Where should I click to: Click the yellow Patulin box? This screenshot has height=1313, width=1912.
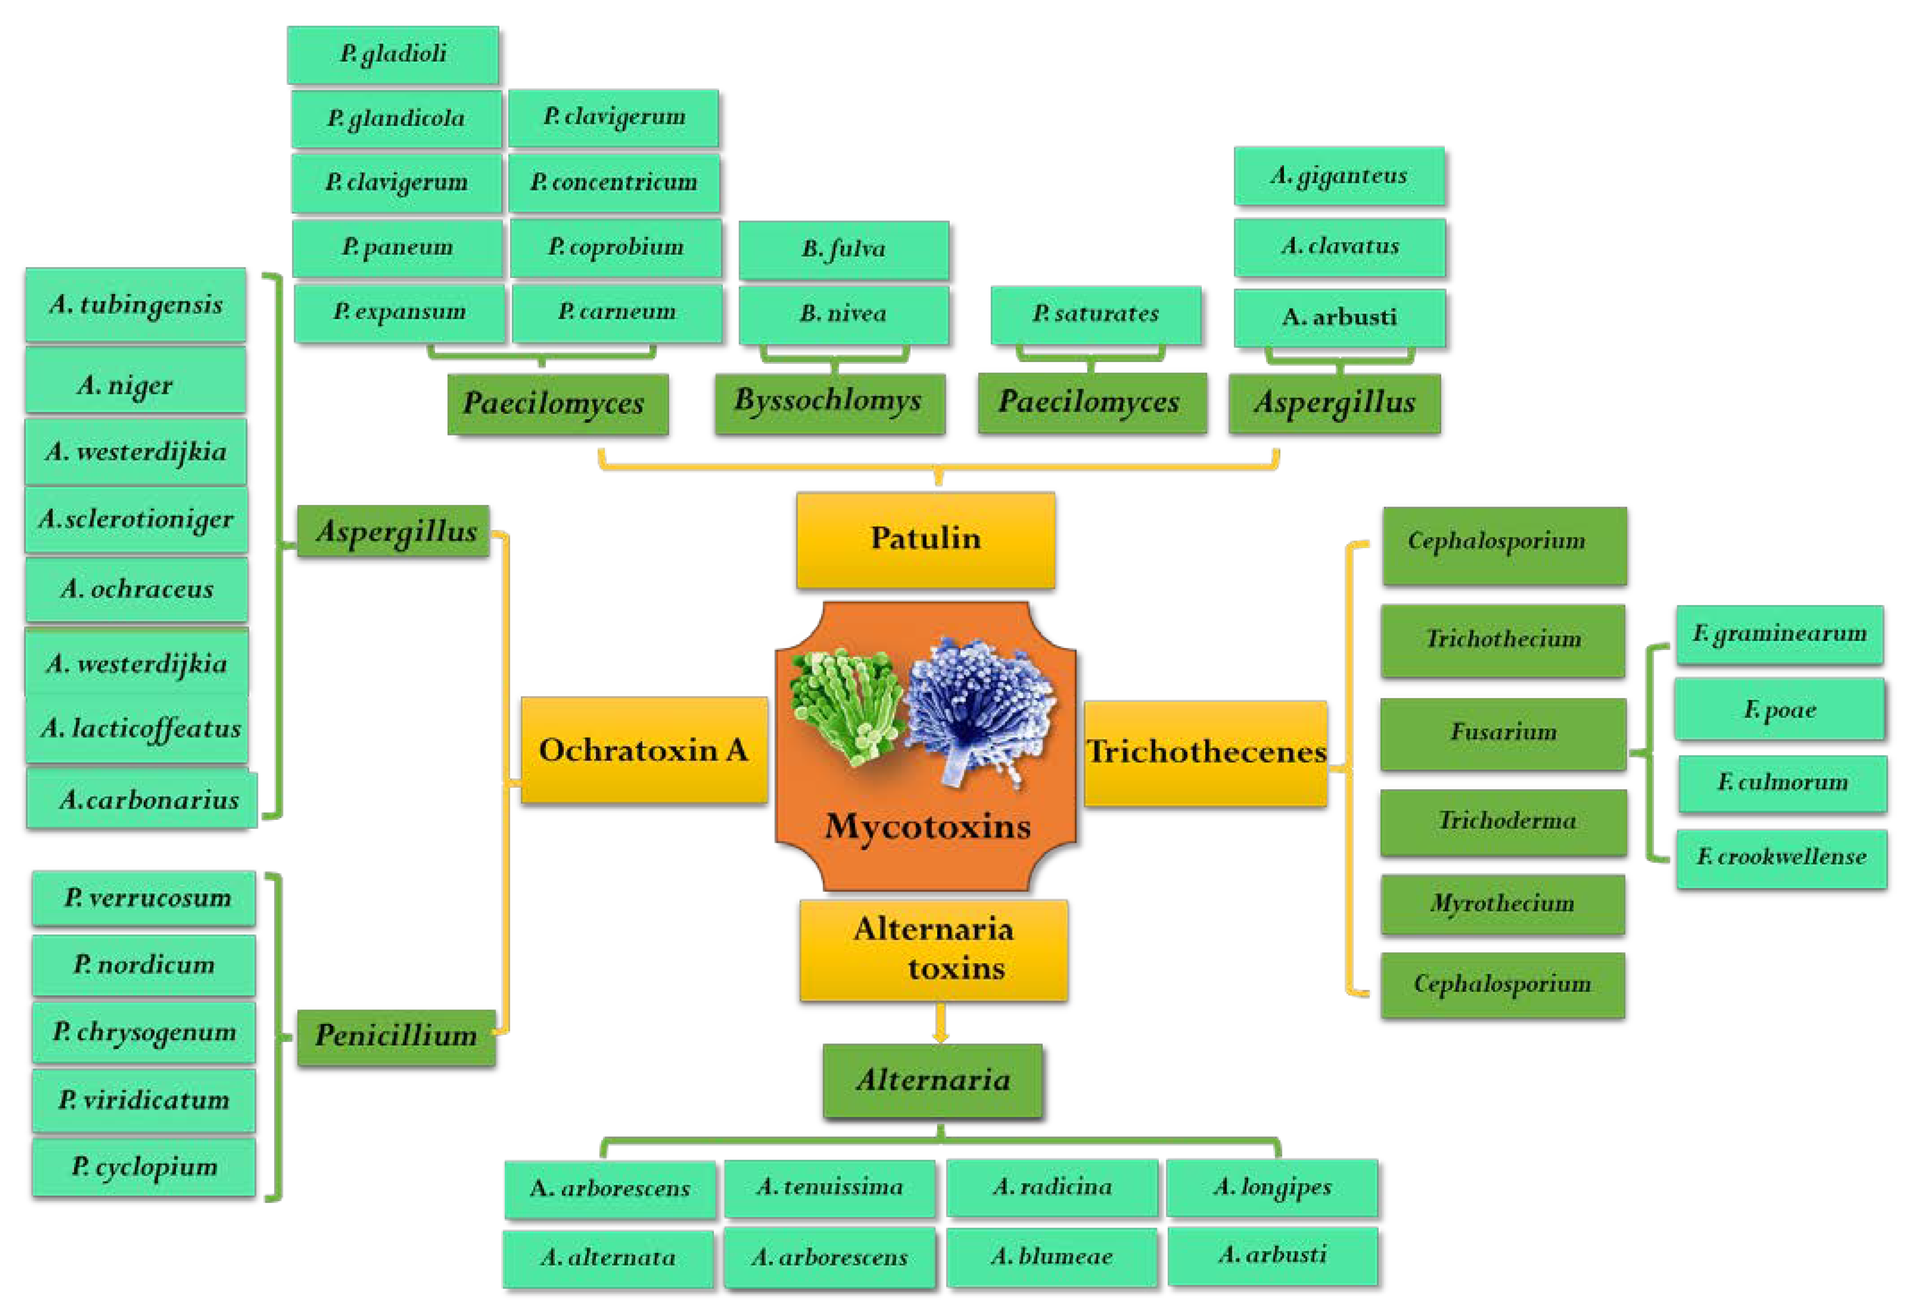coord(925,540)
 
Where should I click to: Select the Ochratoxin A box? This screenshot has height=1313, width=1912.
coord(644,749)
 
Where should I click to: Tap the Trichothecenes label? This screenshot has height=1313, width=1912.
coord(1205,752)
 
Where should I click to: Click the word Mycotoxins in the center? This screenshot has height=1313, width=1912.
coord(927,826)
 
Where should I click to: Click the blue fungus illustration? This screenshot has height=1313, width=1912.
coord(979,708)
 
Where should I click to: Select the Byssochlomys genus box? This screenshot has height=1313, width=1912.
coord(829,402)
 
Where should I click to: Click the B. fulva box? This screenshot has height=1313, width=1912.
coord(843,249)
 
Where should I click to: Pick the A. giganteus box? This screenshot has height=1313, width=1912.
coord(1338,176)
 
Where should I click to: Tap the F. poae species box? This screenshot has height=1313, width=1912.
coord(1779,709)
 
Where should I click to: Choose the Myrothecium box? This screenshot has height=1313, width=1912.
coord(1502,903)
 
